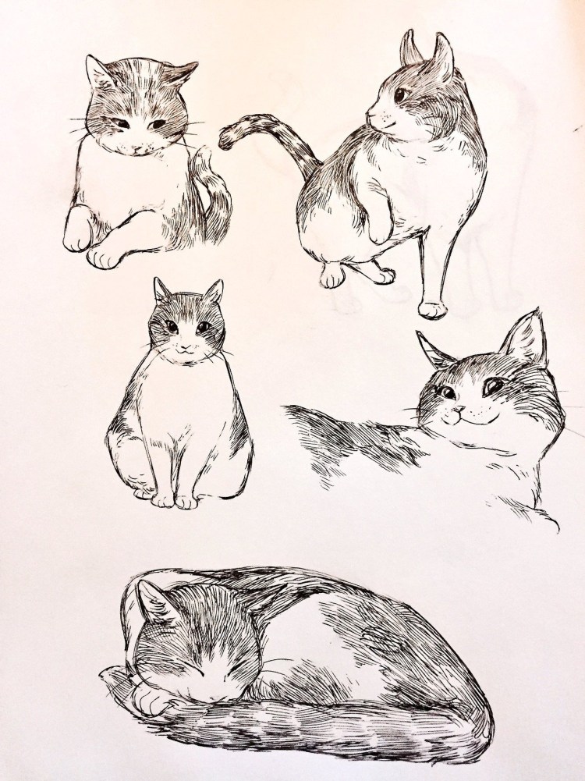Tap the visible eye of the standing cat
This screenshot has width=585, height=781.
[x=399, y=95]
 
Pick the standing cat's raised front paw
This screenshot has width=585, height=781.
[x=378, y=230]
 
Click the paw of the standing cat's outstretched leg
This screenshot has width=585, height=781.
[x=431, y=308]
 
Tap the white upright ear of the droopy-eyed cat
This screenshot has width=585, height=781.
[x=99, y=72]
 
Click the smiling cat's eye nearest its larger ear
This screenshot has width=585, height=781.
[x=494, y=385]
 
